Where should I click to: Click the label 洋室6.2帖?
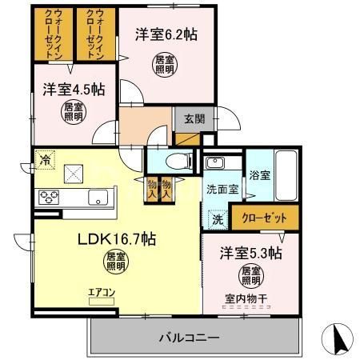pos(166,34)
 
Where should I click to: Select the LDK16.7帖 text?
pos(115,238)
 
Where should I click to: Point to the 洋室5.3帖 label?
pos(250,254)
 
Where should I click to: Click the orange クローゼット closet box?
pos(265,215)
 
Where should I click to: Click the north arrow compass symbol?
pos(340,339)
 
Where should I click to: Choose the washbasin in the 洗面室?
pos(215,164)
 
